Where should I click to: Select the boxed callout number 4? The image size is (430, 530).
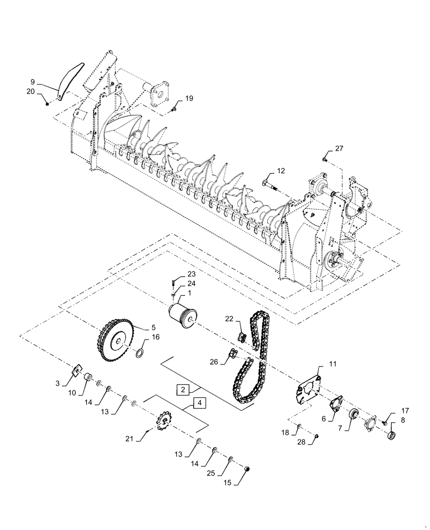click(x=199, y=403)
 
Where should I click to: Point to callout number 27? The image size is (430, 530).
click(x=339, y=148)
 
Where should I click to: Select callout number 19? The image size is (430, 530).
click(x=189, y=99)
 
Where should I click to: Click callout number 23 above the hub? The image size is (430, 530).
click(x=191, y=274)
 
